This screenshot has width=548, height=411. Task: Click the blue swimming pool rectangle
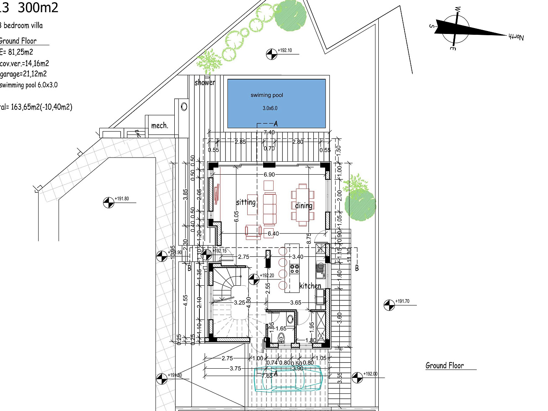pyautogui.click(x=276, y=103)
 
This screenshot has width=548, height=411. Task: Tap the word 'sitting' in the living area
pyautogui.click(x=246, y=202)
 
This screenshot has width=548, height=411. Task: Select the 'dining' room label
pyautogui.click(x=303, y=205)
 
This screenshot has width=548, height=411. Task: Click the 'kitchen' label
pyautogui.click(x=310, y=286)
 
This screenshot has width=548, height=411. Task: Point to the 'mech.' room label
pyautogui.click(x=159, y=125)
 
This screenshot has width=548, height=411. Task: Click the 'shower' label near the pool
pyautogui.click(x=204, y=83)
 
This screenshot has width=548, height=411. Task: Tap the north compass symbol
pyautogui.click(x=456, y=29)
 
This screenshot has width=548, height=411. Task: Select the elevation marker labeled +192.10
pyautogui.click(x=272, y=54)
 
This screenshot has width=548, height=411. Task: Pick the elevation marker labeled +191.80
pyautogui.click(x=109, y=202)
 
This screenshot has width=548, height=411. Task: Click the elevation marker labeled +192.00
pyautogui.click(x=357, y=377)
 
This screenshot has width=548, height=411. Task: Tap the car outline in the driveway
pyautogui.click(x=288, y=378)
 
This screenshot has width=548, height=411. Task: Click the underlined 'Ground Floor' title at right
pyautogui.click(x=445, y=365)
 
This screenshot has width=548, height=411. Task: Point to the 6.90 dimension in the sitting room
pyautogui.click(x=269, y=174)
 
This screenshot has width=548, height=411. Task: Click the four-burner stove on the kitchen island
pyautogui.click(x=295, y=269)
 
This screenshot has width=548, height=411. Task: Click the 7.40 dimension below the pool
pyautogui.click(x=269, y=132)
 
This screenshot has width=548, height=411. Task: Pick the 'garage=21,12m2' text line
pyautogui.click(x=23, y=74)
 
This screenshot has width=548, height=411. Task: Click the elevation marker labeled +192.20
pyautogui.click(x=254, y=279)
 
